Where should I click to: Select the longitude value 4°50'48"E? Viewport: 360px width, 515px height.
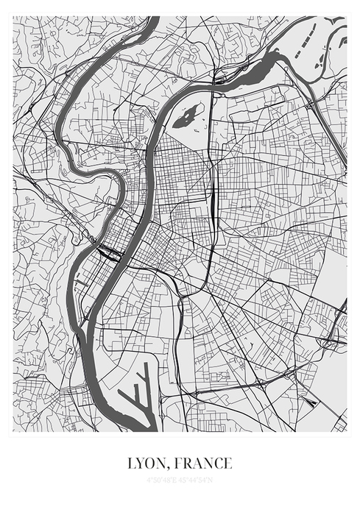click(163, 481)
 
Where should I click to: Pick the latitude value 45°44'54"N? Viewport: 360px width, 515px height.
click(197, 481)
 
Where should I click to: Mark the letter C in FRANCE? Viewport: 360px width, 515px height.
click(216, 464)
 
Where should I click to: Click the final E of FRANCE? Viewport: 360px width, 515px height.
click(227, 464)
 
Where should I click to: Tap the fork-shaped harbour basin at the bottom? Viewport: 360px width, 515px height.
click(140, 397)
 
